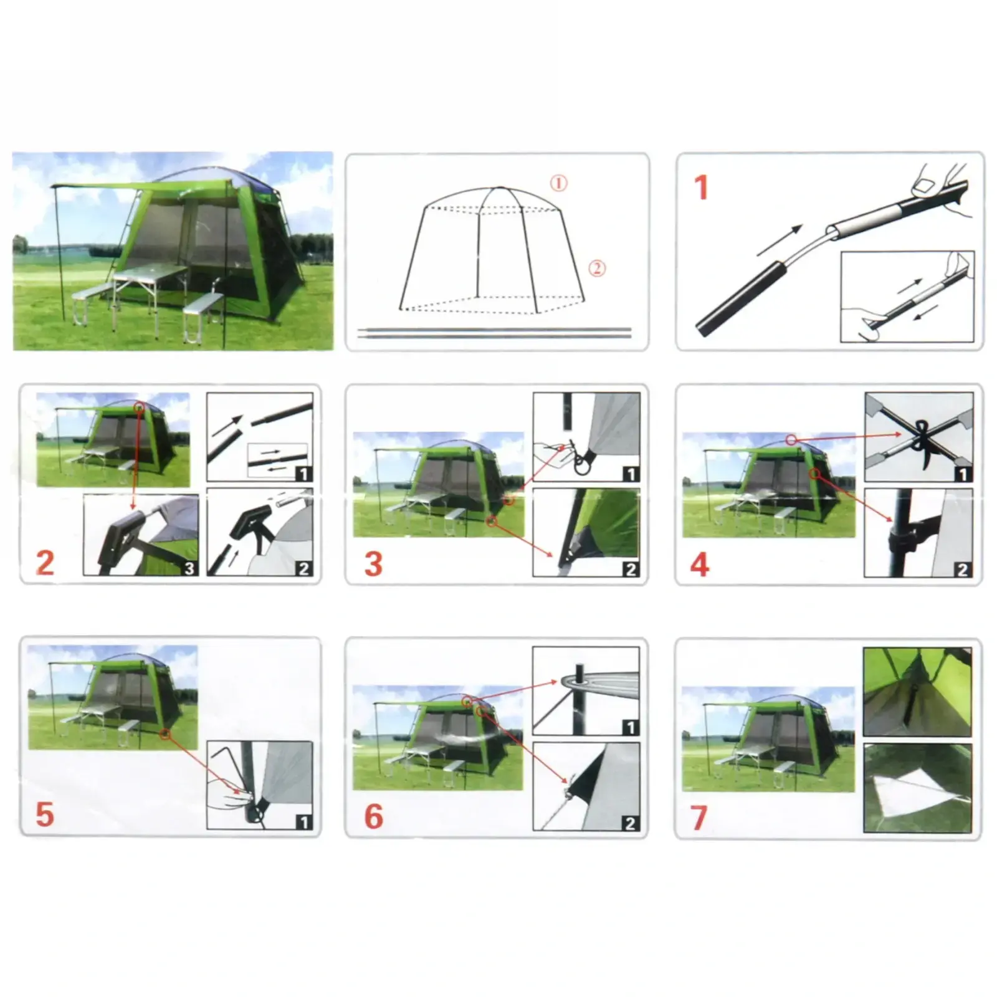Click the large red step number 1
(702, 188)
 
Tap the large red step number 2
(45, 563)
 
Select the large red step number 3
(373, 563)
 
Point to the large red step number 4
(700, 565)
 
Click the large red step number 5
(45, 814)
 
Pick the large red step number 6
(373, 816)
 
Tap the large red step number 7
(699, 818)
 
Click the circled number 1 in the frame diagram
(558, 183)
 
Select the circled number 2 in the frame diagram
(597, 269)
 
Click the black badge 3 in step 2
(189, 568)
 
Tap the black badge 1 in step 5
(303, 822)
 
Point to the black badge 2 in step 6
(630, 823)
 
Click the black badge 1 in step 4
(963, 474)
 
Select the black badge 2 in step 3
(631, 568)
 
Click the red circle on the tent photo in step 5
(165, 735)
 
